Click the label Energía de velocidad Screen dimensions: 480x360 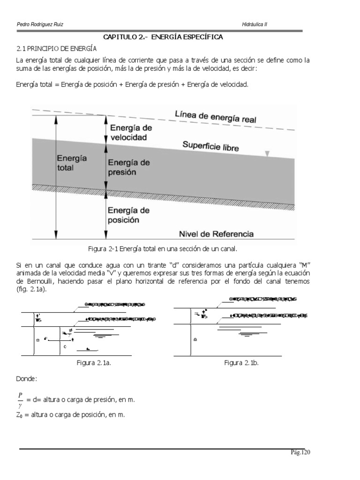[131, 132]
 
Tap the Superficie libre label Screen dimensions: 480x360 [210, 146]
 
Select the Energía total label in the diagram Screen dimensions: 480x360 [69, 163]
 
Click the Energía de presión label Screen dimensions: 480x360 [129, 167]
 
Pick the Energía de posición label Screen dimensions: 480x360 [129, 214]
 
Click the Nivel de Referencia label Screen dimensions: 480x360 [217, 233]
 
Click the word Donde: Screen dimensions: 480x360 [26, 378]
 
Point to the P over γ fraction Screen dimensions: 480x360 [20, 399]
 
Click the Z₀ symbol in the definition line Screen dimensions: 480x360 [20, 415]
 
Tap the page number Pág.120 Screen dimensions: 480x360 [300, 452]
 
